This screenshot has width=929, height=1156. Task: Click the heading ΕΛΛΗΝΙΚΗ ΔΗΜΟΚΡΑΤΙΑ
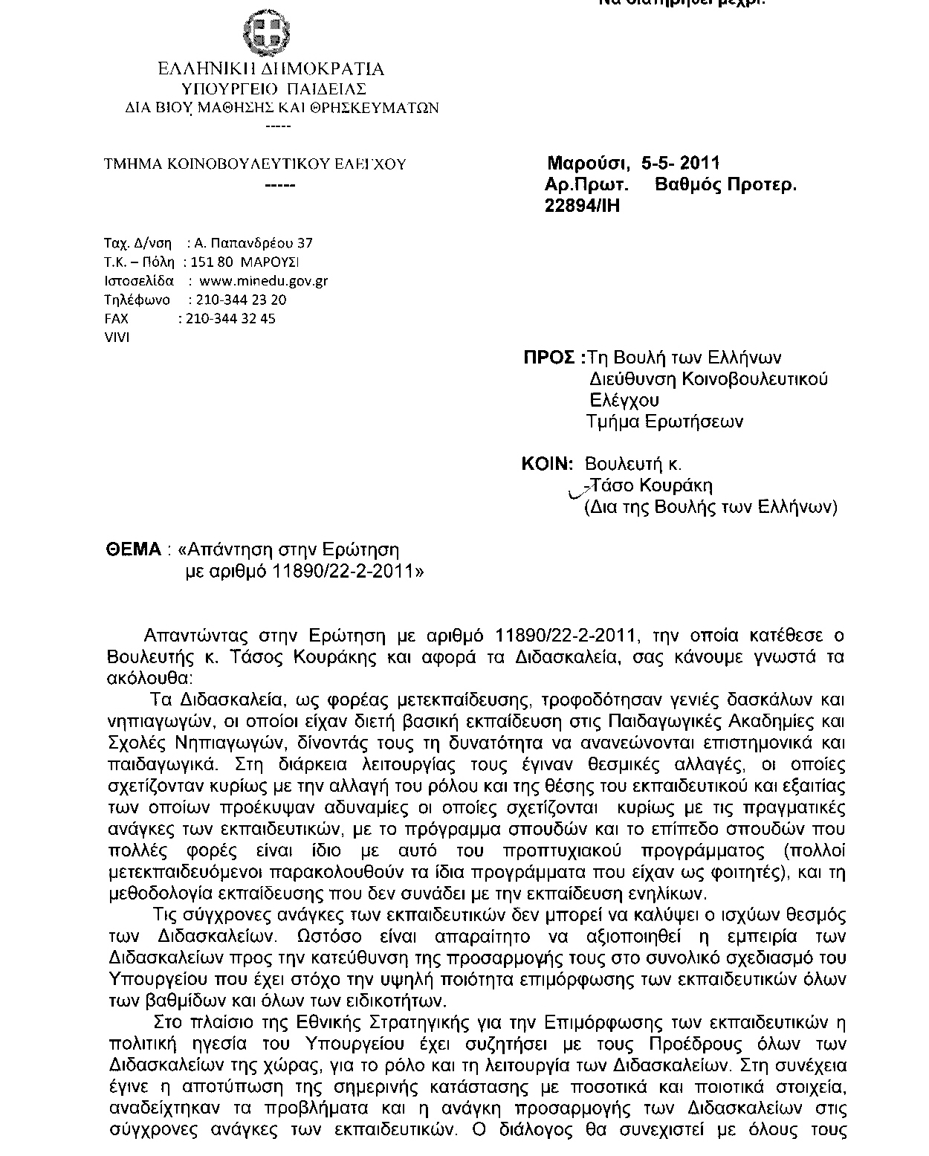[x=271, y=70]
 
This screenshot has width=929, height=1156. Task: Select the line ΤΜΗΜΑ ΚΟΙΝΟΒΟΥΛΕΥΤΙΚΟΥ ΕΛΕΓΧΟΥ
[x=255, y=164]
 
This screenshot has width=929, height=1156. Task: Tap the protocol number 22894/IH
[x=582, y=206]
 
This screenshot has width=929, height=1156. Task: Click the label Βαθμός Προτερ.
[x=725, y=185]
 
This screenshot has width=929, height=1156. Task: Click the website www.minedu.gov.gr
[x=264, y=281]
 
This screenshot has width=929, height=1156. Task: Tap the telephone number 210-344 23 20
[x=238, y=300]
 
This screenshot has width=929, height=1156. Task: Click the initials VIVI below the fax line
[x=117, y=338]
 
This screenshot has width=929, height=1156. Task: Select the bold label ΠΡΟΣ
[x=549, y=358]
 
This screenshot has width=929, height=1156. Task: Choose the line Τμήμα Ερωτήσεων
[x=664, y=422]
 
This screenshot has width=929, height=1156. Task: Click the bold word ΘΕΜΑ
[x=134, y=549]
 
